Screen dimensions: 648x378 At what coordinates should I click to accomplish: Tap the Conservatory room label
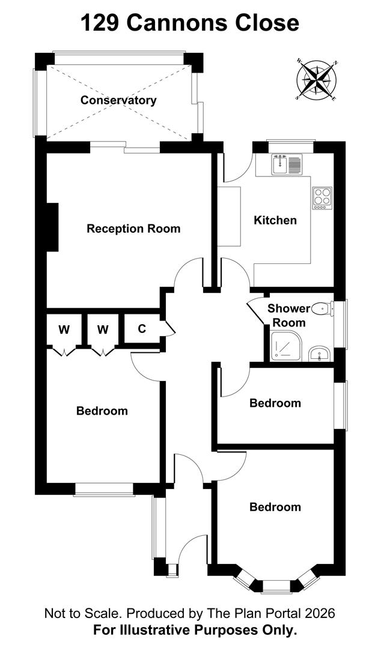118,100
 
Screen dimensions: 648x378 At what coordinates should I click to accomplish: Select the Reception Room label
133,229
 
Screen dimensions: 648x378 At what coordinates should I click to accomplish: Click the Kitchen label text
275,220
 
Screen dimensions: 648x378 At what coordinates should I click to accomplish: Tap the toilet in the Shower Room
324,309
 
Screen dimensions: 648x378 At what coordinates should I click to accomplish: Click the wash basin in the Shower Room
319,355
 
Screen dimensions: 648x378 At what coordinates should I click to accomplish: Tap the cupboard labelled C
142,329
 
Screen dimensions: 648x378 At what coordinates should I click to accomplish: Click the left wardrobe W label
64,329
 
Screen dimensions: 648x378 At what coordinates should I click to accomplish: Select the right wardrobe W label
103,329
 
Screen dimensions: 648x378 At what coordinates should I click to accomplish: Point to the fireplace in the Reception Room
52,227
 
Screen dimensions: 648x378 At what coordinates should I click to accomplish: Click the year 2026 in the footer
319,613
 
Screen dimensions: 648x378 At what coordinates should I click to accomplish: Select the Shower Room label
289,316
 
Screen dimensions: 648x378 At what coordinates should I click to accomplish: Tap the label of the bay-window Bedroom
275,507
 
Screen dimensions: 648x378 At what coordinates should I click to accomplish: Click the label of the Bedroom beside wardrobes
102,411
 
